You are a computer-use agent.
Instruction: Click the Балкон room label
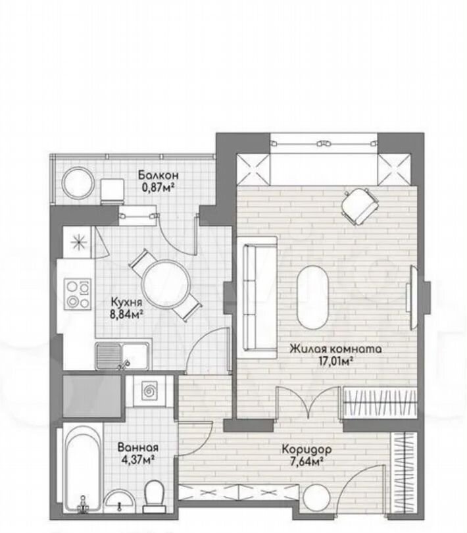[158, 175]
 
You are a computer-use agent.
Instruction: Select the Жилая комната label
[335, 349]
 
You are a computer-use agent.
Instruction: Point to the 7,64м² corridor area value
[307, 462]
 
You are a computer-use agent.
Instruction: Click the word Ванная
[137, 447]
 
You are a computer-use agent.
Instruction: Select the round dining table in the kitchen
[166, 284]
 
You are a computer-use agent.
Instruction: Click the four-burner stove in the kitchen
[78, 294]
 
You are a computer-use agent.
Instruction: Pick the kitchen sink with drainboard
[123, 356]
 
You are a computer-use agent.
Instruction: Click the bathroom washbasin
[118, 501]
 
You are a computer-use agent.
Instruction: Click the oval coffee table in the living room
[313, 297]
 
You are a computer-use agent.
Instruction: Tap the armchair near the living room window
[359, 206]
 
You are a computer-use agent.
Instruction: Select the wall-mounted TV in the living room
[414, 298]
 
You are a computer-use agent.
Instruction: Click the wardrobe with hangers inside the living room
[380, 403]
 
